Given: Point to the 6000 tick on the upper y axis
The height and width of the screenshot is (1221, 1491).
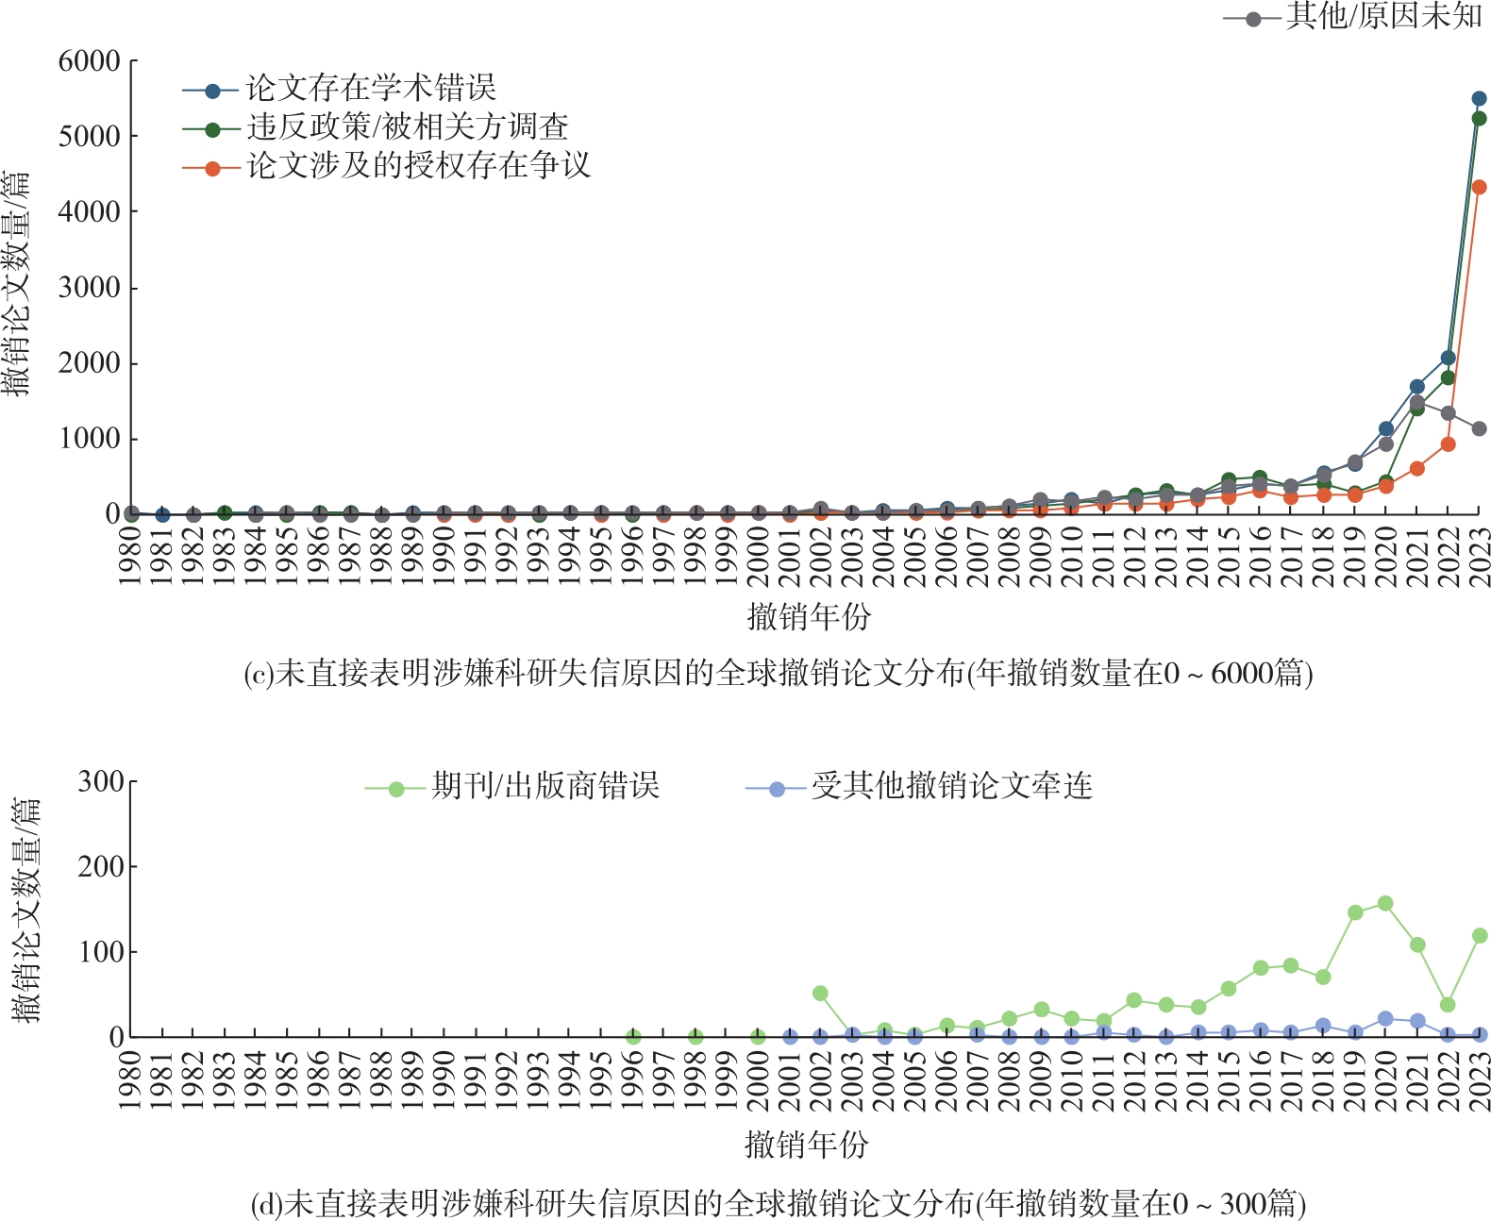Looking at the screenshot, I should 90,61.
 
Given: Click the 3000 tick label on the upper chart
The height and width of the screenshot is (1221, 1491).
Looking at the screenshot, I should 90,288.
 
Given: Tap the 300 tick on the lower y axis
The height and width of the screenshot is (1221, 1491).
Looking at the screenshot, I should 101,781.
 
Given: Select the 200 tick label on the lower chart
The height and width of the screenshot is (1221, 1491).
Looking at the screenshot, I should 101,866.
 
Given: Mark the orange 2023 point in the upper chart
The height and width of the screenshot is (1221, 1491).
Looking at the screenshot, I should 1479,188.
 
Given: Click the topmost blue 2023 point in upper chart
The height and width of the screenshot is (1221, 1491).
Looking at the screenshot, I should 1479,99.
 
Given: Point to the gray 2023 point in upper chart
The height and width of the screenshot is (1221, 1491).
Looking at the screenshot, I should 1479,429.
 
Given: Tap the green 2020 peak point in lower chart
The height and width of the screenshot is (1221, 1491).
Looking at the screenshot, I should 1385,904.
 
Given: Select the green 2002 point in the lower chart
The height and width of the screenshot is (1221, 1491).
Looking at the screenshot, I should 820,994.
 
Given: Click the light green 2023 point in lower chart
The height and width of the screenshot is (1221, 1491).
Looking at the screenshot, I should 1479,936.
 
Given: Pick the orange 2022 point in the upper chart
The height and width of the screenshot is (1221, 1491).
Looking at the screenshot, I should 1448,444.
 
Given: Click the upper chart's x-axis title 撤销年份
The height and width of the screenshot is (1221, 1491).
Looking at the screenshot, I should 809,617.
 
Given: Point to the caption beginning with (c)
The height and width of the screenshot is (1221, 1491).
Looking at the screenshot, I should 779,674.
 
